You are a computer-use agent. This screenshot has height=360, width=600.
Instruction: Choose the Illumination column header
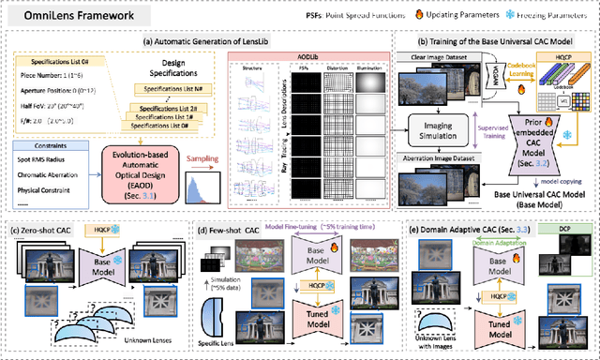[378, 68]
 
